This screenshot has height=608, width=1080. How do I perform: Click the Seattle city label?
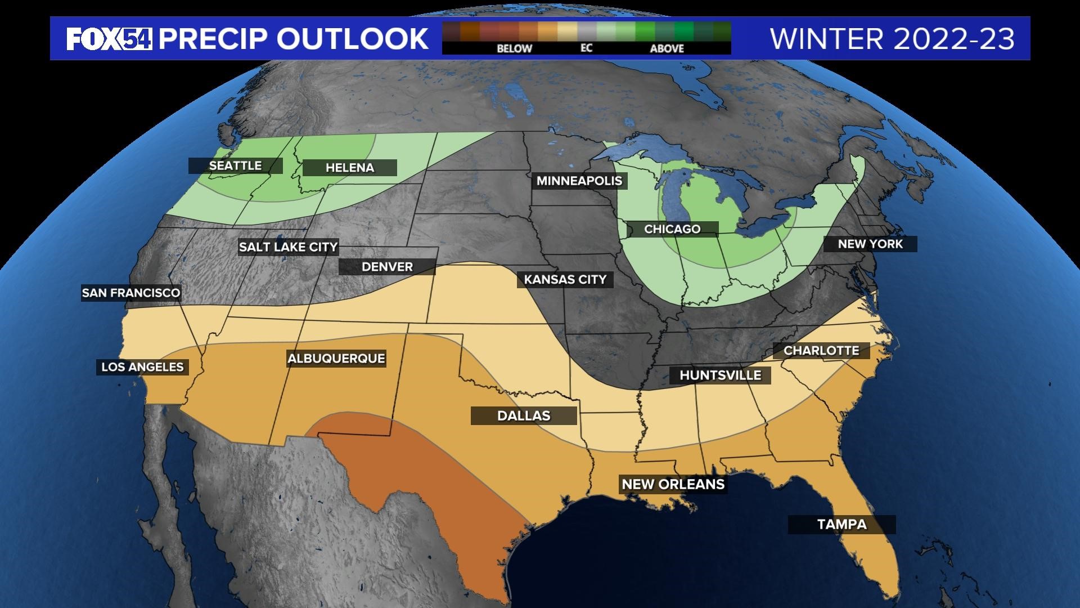(235, 166)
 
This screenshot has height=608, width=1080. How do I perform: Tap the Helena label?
(349, 168)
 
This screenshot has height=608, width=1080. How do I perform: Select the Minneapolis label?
(579, 181)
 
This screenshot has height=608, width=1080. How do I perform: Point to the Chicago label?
(672, 229)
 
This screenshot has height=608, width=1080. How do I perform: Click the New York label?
(870, 244)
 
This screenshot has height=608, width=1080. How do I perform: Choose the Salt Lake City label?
(288, 247)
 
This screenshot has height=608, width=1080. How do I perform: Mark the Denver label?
(387, 267)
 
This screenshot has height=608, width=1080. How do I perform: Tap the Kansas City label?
(565, 280)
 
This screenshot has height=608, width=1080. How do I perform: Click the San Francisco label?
(131, 293)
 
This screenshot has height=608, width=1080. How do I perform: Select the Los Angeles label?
(142, 367)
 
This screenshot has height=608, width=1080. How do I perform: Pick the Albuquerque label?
(336, 359)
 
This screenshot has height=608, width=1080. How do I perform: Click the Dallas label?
(524, 416)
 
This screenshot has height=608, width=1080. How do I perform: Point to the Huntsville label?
(720, 375)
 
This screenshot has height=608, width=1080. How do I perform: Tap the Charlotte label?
(821, 351)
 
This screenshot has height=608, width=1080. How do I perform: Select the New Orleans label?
(673, 484)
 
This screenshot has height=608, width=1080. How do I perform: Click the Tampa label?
(841, 525)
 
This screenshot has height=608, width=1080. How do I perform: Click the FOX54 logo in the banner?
(109, 39)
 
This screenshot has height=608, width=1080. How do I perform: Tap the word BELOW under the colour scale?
(514, 49)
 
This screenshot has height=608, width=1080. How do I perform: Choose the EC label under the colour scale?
(586, 48)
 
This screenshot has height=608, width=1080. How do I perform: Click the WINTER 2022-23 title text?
(892, 39)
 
